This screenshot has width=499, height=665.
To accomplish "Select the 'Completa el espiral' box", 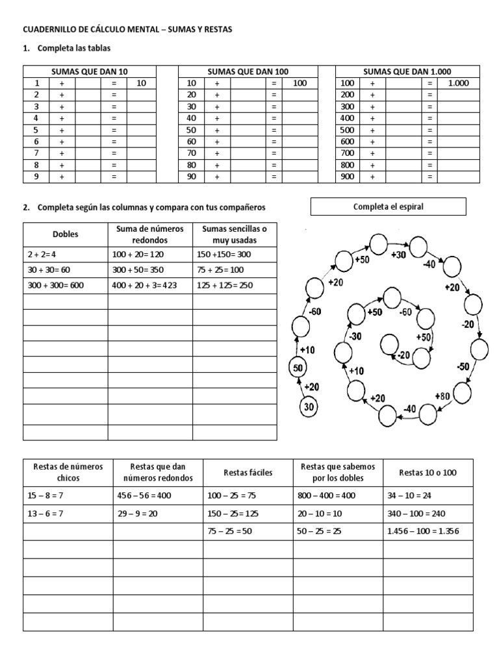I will [x=389, y=207].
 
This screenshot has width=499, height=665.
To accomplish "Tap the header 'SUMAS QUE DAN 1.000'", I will [x=407, y=71].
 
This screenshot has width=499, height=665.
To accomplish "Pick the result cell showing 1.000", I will [x=458, y=83].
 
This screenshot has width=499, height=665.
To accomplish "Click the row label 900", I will [x=348, y=177].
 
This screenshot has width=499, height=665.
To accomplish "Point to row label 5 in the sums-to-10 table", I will [x=37, y=130].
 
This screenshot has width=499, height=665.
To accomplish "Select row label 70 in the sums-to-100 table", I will [x=191, y=153].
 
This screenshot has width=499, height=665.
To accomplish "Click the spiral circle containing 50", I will [x=297, y=368].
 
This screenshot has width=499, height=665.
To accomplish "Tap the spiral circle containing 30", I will [x=310, y=407].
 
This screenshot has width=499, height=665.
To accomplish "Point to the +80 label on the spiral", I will [x=442, y=397].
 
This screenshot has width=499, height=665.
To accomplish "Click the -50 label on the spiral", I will [x=462, y=368].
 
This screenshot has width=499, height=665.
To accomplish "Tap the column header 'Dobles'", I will [x=65, y=234].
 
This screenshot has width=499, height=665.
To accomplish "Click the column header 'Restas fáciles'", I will [x=248, y=472].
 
